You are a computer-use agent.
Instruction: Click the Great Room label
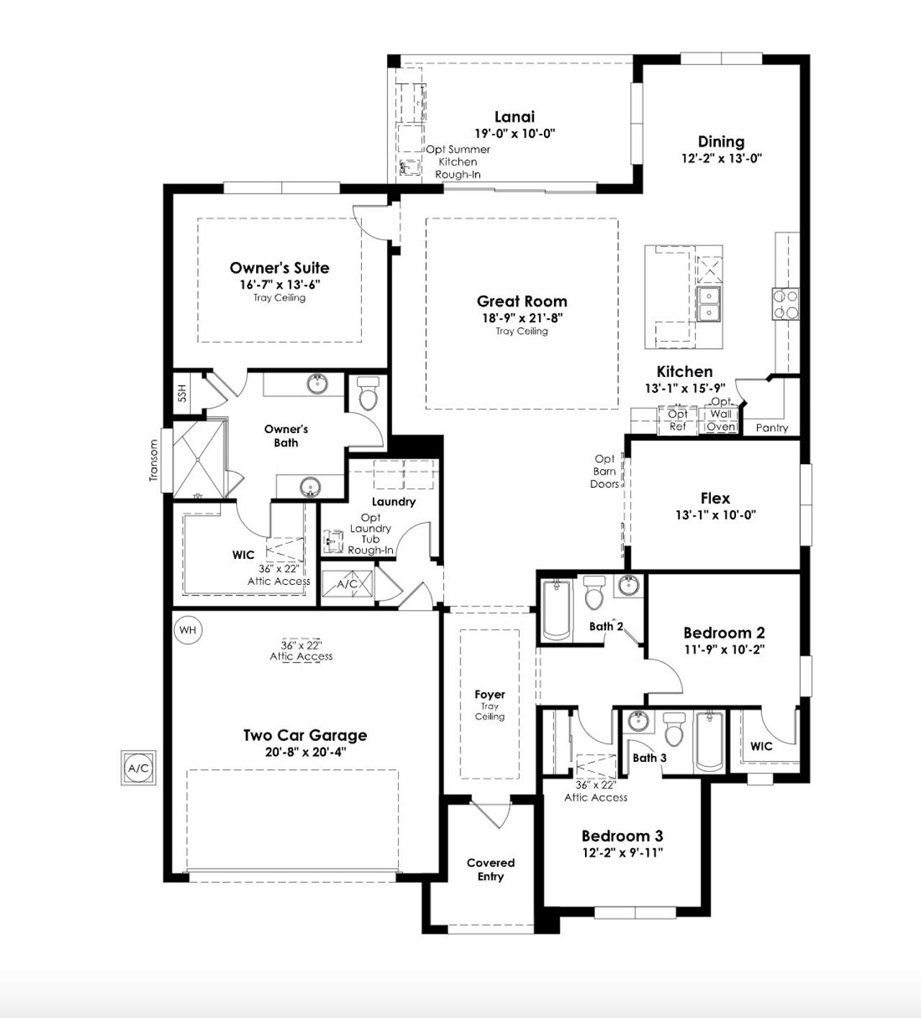tap(522, 301)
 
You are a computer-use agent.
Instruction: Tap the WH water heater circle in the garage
tap(188, 630)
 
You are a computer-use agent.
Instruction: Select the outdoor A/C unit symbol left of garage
tap(138, 768)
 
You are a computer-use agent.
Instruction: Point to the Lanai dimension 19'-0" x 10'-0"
tap(514, 133)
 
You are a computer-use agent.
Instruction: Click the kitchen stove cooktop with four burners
tap(785, 304)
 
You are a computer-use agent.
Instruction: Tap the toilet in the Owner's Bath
tap(368, 394)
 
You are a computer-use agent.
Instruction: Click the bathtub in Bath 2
tap(556, 609)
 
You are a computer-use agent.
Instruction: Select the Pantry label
tap(772, 427)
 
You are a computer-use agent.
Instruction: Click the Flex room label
tap(715, 498)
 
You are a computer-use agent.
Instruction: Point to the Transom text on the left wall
tap(153, 461)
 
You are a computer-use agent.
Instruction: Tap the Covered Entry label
tap(491, 869)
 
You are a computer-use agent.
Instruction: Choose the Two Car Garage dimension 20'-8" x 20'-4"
tap(305, 753)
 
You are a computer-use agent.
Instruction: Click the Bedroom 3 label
tap(622, 836)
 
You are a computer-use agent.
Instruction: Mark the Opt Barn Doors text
tap(604, 471)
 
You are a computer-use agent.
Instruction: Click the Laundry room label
tap(394, 501)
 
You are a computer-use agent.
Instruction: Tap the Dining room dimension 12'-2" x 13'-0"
tap(721, 158)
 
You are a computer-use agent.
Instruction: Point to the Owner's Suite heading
tap(279, 268)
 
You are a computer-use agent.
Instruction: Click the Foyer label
tap(489, 694)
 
